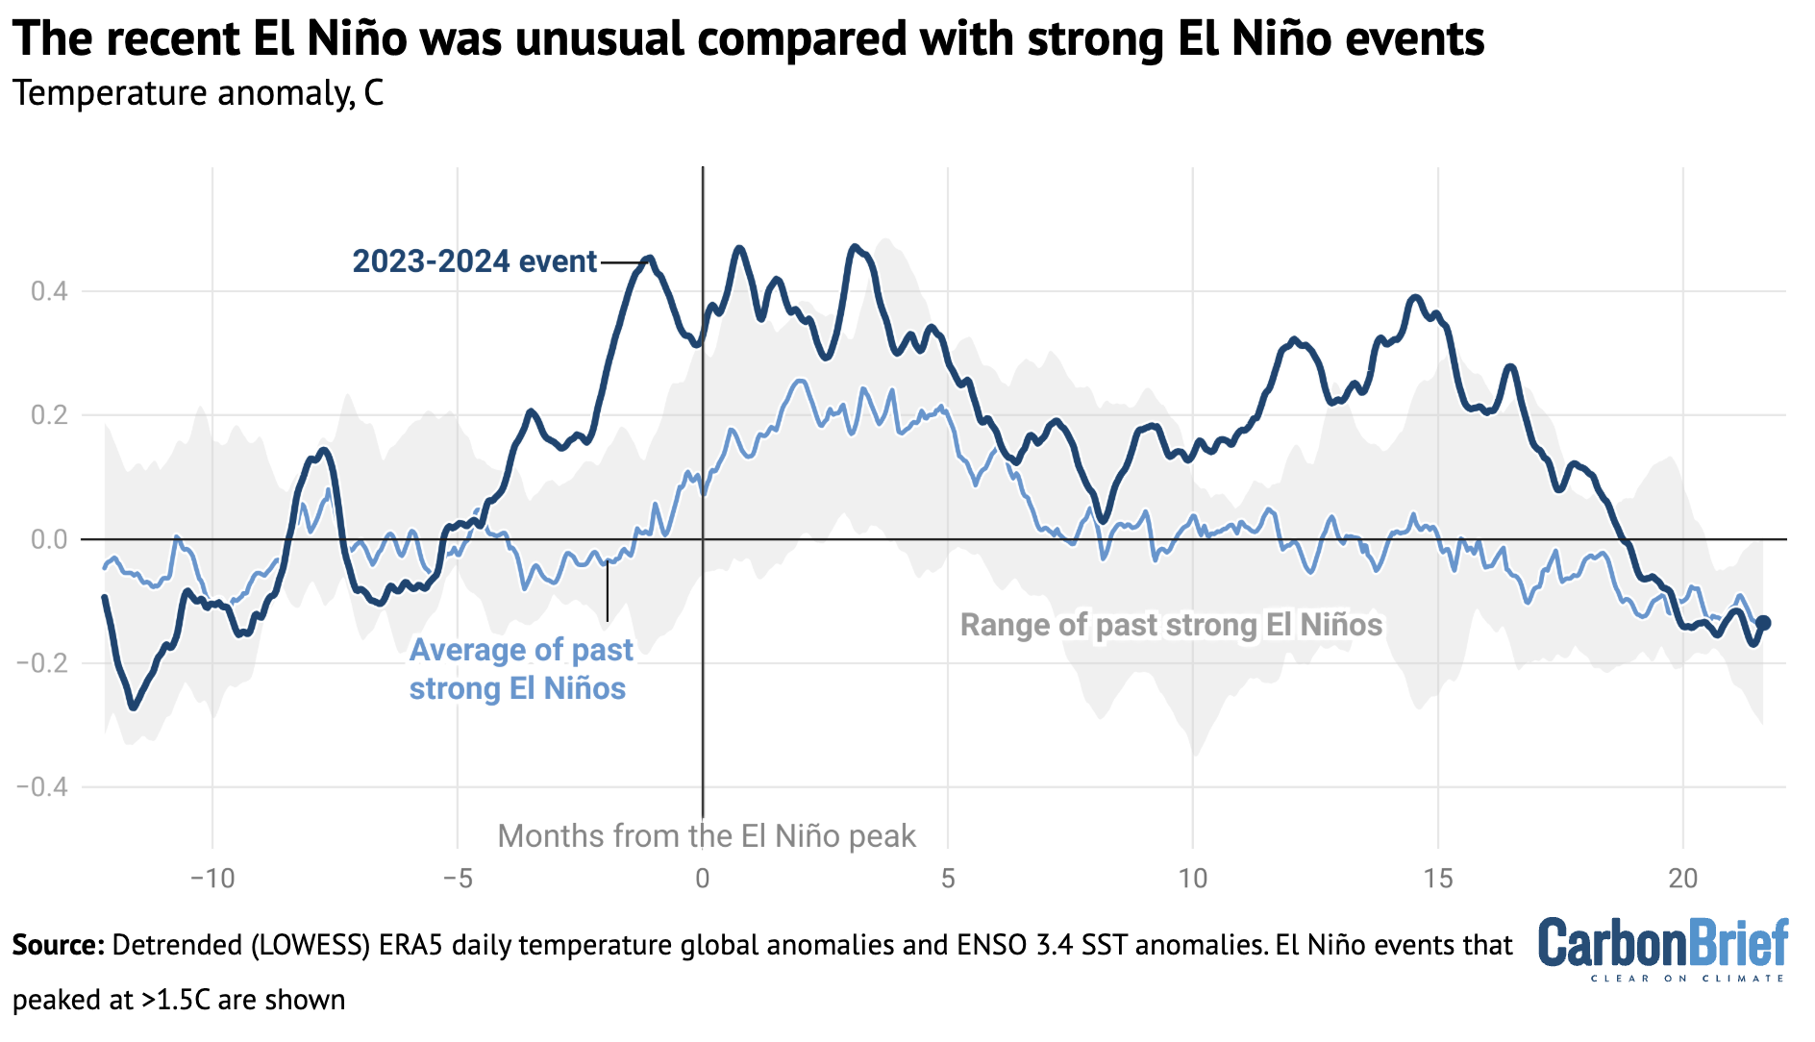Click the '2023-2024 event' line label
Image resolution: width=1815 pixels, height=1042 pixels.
[x=474, y=261]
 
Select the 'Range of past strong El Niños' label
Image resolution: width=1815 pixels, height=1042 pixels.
[x=1171, y=625]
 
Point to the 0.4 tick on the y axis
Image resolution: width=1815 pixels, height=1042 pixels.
[x=49, y=291]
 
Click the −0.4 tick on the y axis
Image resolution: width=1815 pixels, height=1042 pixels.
[x=42, y=787]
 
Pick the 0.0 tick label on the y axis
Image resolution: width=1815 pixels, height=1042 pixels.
[x=49, y=539]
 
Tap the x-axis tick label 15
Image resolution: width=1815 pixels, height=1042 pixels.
[x=1437, y=878]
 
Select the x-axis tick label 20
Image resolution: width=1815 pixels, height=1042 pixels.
[x=1682, y=878]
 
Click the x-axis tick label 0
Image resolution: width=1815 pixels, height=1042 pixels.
[x=703, y=878]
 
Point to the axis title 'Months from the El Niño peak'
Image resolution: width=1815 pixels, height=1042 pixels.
[x=707, y=836]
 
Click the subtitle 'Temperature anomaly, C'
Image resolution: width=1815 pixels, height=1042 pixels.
[x=198, y=93]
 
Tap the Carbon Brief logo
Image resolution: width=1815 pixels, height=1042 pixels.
[x=1662, y=948]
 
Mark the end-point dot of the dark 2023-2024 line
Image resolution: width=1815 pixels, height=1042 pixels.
[x=1763, y=623]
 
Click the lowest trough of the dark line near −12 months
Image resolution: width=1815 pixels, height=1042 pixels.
[x=134, y=707]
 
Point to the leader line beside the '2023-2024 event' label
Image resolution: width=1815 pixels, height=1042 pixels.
[x=622, y=261]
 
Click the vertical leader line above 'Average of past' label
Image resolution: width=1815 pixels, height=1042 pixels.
[x=607, y=591]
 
